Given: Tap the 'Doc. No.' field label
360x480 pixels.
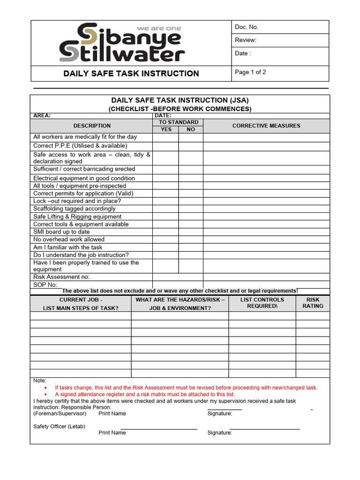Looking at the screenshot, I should pyautogui.click(x=247, y=27).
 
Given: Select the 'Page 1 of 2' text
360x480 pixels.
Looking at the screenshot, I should pyautogui.click(x=250, y=72).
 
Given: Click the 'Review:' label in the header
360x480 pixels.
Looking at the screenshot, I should pyautogui.click(x=246, y=40).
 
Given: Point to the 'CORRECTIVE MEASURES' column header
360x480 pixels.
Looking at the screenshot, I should pyautogui.click(x=266, y=126).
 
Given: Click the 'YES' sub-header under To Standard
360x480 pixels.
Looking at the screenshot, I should pyautogui.click(x=166, y=129).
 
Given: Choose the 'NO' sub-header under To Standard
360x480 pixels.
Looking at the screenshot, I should pyautogui.click(x=191, y=129).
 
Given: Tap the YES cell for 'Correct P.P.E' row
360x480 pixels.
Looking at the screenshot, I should pyautogui.click(x=165, y=146).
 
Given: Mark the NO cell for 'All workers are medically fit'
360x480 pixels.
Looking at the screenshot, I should pyautogui.click(x=191, y=137).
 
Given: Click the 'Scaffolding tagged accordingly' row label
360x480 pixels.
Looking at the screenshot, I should pyautogui.click(x=74, y=209).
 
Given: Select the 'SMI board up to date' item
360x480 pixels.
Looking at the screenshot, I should pyautogui.click(x=61, y=232).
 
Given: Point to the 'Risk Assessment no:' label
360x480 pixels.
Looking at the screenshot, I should pyautogui.click(x=61, y=277).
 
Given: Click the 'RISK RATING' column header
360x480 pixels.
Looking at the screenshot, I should pyautogui.click(x=313, y=303).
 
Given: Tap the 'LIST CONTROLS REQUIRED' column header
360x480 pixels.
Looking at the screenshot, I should pyautogui.click(x=262, y=303).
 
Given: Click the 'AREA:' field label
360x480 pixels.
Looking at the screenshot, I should pyautogui.click(x=42, y=116).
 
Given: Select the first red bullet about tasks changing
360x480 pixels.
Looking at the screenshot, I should pyautogui.click(x=186, y=388).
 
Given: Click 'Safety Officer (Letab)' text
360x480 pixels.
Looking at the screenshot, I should pyautogui.click(x=59, y=426).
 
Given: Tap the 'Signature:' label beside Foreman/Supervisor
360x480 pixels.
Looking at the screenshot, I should pyautogui.click(x=220, y=413).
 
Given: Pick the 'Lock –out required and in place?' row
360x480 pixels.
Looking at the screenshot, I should pyautogui.click(x=77, y=201).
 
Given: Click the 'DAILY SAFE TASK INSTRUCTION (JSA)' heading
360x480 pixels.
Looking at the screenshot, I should pyautogui.click(x=180, y=100).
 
